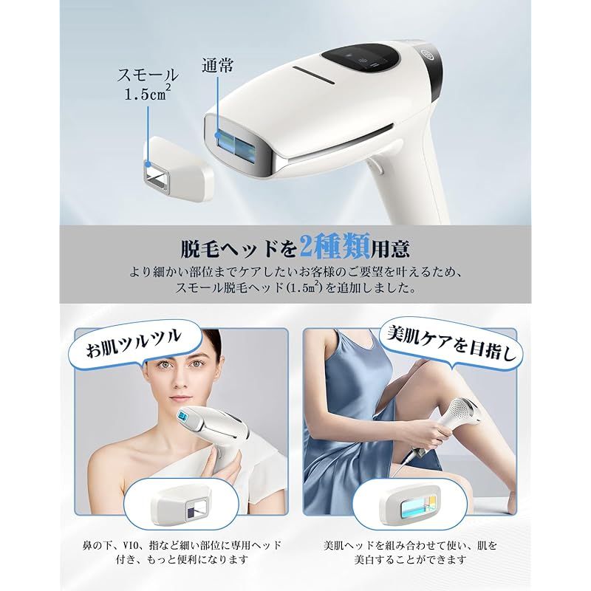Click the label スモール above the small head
[148, 75]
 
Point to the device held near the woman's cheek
[208, 443]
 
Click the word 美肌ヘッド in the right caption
[349, 546]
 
